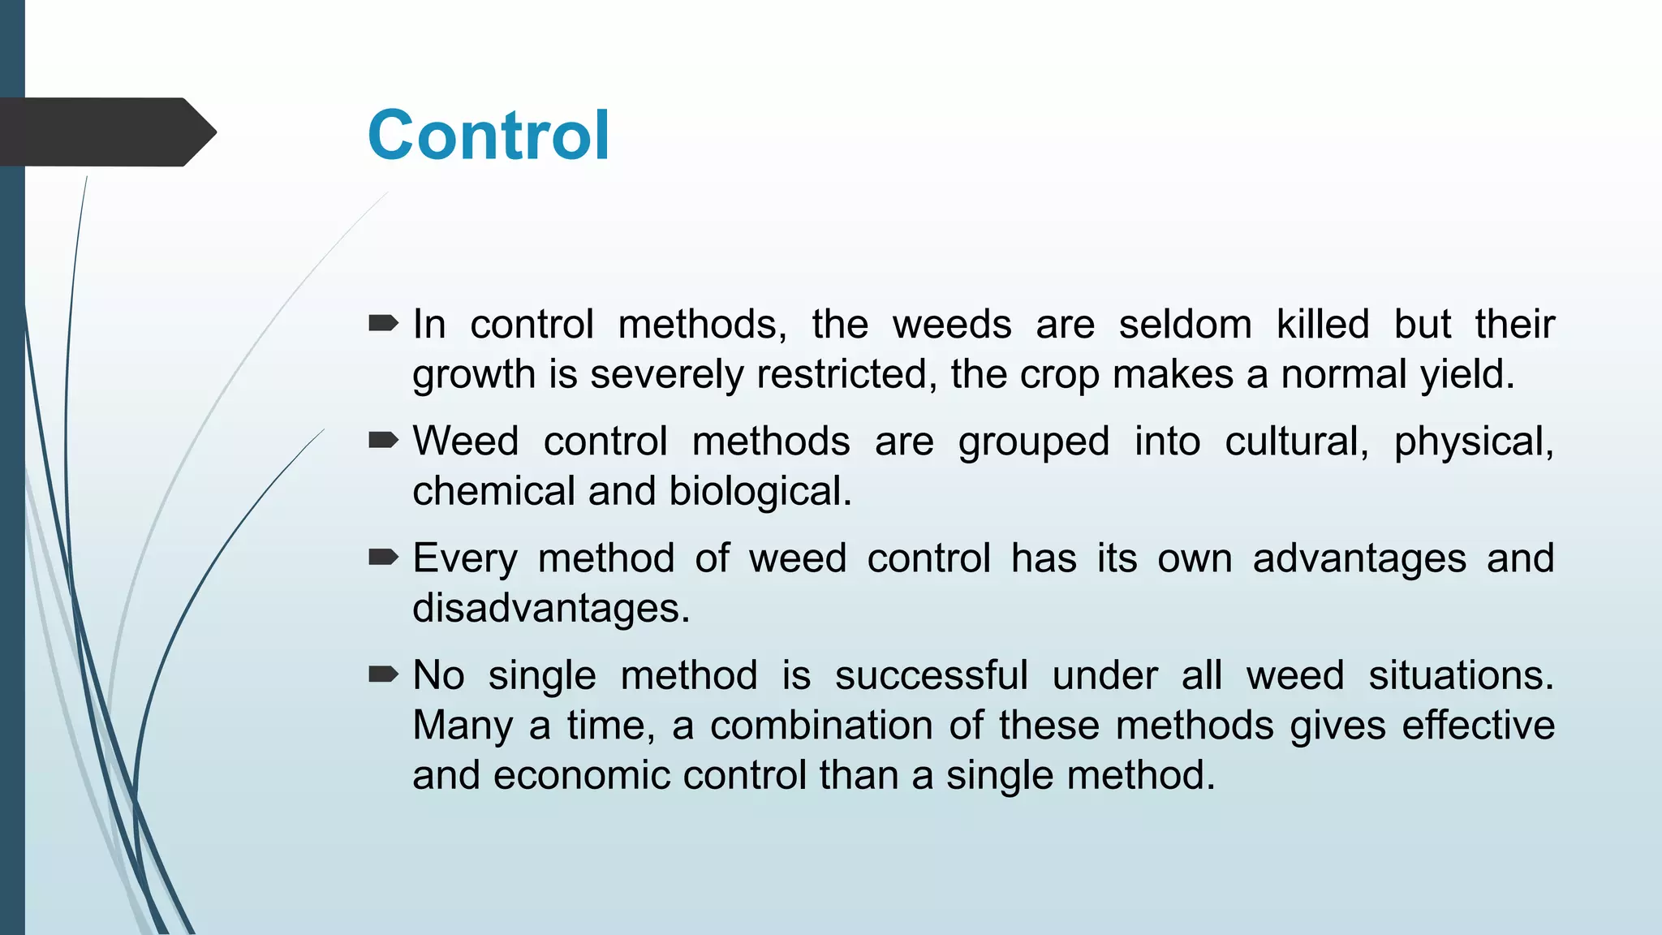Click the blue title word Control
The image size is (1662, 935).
[488, 136]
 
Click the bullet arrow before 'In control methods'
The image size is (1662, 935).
[383, 324]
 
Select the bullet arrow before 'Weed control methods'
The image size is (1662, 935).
[383, 441]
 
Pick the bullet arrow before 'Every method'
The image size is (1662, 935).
[383, 558]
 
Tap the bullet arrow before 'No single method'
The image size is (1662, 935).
[383, 674]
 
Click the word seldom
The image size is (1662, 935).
[1185, 325]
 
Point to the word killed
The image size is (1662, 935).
[1322, 325]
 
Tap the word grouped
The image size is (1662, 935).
[1033, 442]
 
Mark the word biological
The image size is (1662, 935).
[760, 492]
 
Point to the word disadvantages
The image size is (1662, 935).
[550, 609]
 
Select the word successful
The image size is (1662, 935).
[931, 675]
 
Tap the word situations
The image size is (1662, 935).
[1461, 675]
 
